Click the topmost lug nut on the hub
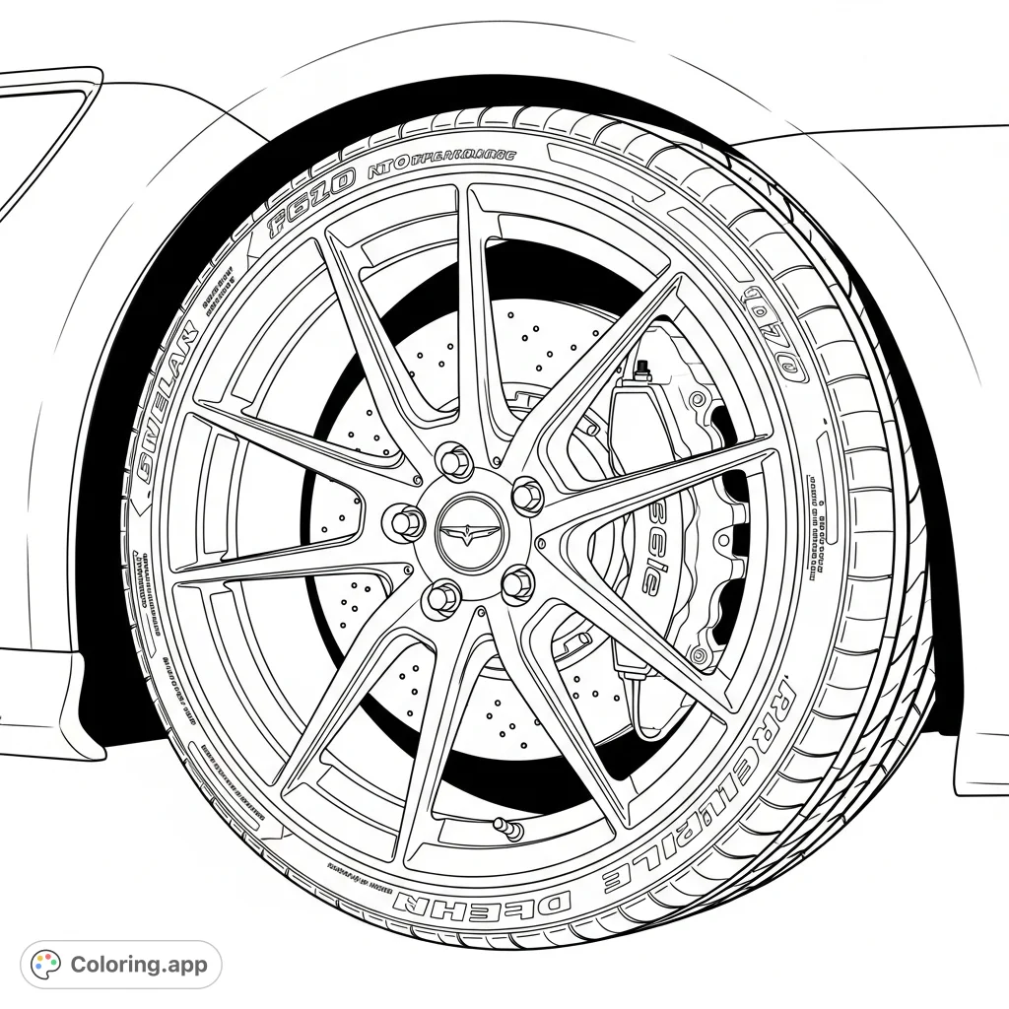tap(454, 460)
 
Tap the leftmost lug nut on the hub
tap(406, 522)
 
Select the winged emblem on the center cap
tap(470, 534)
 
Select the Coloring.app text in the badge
tap(139, 964)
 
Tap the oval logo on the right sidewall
tap(774, 335)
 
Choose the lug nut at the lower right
tap(517, 584)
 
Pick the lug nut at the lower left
tap(442, 596)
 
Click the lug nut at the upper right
tap(527, 496)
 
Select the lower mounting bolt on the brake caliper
tap(702, 654)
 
